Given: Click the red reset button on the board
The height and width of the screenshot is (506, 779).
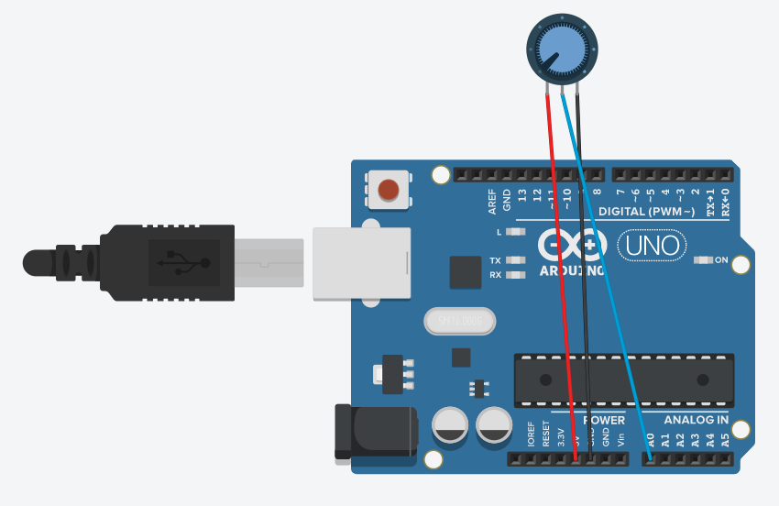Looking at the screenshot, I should click(389, 190).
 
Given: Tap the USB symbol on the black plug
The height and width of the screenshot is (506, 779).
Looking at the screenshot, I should click(183, 263).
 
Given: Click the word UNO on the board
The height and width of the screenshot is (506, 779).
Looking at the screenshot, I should click(653, 245).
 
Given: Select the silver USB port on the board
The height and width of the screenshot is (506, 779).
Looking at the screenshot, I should click(362, 263).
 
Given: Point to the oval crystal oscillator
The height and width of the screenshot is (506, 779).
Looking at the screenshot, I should click(459, 322).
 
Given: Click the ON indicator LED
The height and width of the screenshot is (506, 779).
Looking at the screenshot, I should click(703, 260).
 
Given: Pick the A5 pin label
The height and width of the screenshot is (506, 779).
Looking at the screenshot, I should click(724, 439).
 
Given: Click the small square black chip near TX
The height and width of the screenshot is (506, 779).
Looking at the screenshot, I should click(466, 273).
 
